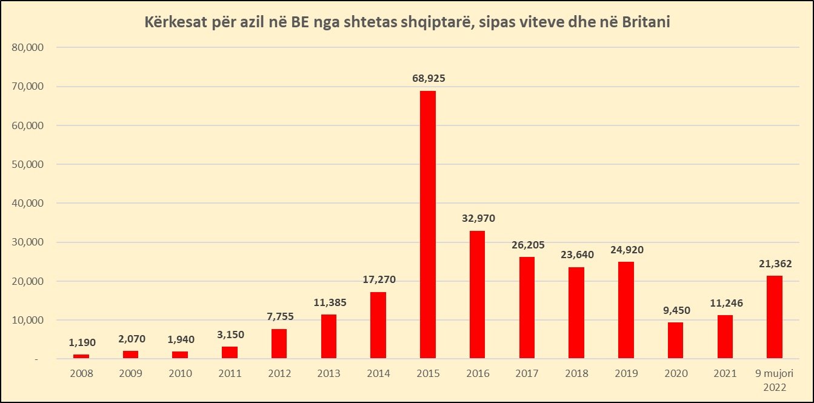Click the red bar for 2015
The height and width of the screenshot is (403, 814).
pyautogui.click(x=427, y=224)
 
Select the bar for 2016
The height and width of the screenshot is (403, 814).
pyautogui.click(x=477, y=295)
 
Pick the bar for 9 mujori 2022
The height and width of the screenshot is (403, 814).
pyautogui.click(x=775, y=317)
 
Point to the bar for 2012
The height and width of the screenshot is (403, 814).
pyautogui.click(x=279, y=344)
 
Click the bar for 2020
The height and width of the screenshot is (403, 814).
pyautogui.click(x=675, y=340)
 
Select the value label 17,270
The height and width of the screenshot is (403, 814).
pyautogui.click(x=378, y=280)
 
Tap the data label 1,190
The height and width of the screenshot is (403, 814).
pyautogui.click(x=81, y=342)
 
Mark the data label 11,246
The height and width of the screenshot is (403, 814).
pyautogui.click(x=725, y=303)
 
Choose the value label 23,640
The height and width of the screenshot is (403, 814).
pyautogui.click(x=576, y=255)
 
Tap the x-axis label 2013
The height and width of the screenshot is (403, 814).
pyautogui.click(x=329, y=374)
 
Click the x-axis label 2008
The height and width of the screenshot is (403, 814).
pyautogui.click(x=81, y=374)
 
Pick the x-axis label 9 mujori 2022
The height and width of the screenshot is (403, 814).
pyautogui.click(x=775, y=379)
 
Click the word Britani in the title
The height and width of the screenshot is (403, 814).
pyautogui.click(x=646, y=22)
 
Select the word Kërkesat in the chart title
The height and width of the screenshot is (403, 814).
pyautogui.click(x=175, y=22)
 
